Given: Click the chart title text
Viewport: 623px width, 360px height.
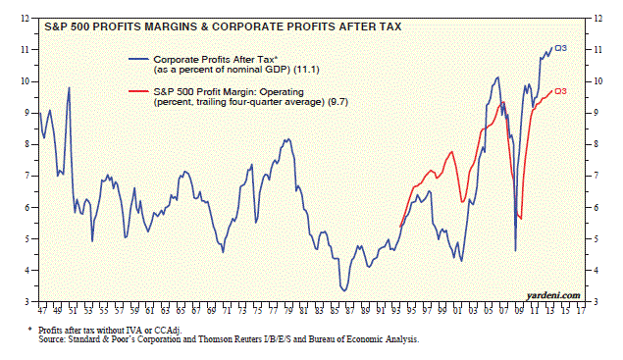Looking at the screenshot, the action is coord(223,26).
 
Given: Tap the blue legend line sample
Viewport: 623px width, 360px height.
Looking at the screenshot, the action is coord(138,60).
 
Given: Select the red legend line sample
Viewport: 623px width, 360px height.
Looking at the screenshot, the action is coord(138,92).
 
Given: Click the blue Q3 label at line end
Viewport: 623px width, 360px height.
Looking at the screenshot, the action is coord(560,48).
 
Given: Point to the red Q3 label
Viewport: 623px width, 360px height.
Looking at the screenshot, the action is coord(560,91).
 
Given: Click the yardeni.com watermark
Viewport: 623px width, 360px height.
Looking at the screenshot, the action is coord(553,295).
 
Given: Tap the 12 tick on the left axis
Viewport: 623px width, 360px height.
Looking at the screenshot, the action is coord(26,19).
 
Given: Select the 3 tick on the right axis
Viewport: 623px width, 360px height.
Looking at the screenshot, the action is coord(596,302).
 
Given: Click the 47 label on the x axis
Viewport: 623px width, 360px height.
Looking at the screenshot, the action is coord(42,311).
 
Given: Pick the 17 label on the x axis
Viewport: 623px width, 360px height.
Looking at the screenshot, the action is coord(581,311).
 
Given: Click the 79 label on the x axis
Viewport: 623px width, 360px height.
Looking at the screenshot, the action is coord(288,311).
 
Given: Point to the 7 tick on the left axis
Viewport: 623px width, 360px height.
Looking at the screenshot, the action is coord(27,176).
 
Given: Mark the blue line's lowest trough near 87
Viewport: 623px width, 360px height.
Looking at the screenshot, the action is coord(344,290).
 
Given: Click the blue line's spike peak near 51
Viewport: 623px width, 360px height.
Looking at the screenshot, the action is coord(69,88).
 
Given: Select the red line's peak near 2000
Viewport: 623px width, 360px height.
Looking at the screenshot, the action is coord(451,152).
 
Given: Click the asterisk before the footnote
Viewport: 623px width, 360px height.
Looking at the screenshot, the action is coord(29,330).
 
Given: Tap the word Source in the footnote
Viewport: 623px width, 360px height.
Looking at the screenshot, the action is coord(52,339).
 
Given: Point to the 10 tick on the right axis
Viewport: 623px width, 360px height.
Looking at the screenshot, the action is coord(597,81).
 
